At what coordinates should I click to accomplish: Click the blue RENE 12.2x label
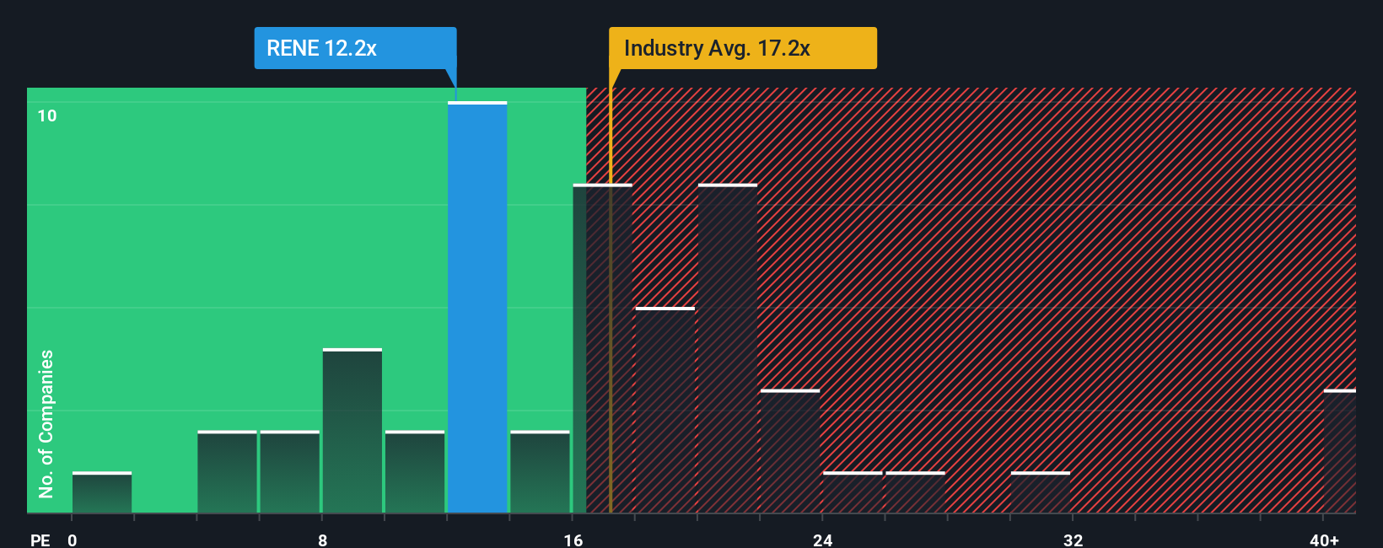pyautogui.click(x=355, y=48)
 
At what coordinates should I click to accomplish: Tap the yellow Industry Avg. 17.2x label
pyautogui.click(x=742, y=48)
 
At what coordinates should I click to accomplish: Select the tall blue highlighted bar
pyautogui.click(x=477, y=308)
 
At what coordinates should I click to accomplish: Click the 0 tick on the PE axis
pyautogui.click(x=73, y=540)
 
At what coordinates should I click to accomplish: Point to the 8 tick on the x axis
pyautogui.click(x=323, y=540)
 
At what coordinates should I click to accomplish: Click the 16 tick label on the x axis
pyautogui.click(x=573, y=540)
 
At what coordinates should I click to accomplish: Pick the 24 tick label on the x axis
pyautogui.click(x=823, y=540)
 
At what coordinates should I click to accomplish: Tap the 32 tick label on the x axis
pyautogui.click(x=1073, y=540)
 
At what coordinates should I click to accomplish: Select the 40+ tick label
pyautogui.click(x=1324, y=540)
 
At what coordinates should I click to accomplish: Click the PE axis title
pyautogui.click(x=40, y=540)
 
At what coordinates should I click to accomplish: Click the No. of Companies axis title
pyautogui.click(x=46, y=423)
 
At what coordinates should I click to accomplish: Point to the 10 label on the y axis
pyautogui.click(x=47, y=116)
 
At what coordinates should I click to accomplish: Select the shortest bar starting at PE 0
pyautogui.click(x=102, y=493)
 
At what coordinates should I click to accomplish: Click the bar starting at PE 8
pyautogui.click(x=352, y=431)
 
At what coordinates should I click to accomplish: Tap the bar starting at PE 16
pyautogui.click(x=602, y=349)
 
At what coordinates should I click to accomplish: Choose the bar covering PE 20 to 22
pyautogui.click(x=728, y=349)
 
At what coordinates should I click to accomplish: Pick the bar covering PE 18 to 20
pyautogui.click(x=665, y=411)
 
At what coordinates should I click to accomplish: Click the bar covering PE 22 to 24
pyautogui.click(x=790, y=452)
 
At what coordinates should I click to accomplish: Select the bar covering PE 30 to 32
pyautogui.click(x=1041, y=493)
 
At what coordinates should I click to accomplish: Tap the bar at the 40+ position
pyautogui.click(x=1340, y=452)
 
